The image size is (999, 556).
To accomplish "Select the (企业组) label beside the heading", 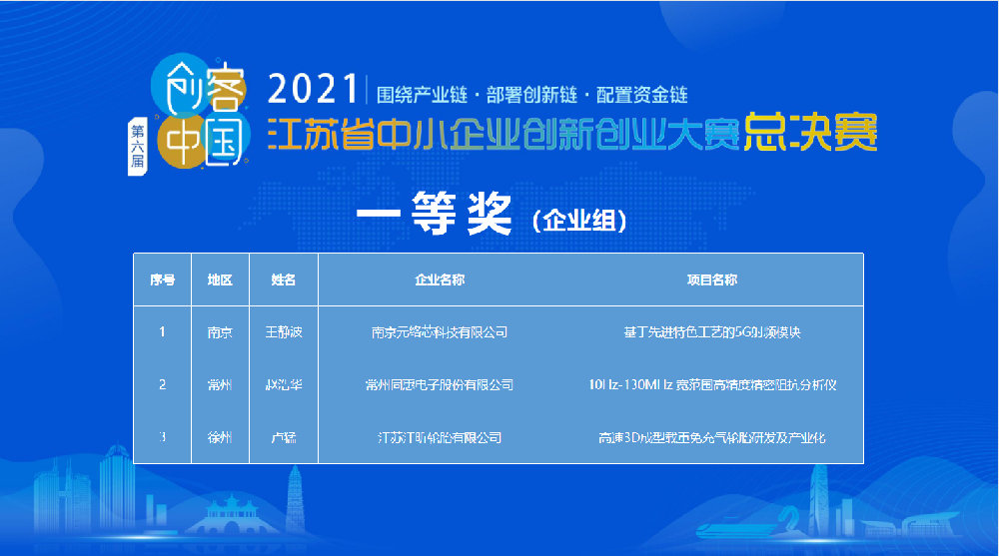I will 579,221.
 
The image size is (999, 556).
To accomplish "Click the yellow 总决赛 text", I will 810,134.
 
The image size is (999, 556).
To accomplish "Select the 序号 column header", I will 162,280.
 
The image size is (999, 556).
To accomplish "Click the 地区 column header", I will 220,280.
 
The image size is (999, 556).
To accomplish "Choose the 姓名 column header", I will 284,280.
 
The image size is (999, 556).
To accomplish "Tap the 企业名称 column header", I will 440,280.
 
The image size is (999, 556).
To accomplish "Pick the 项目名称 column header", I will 712,280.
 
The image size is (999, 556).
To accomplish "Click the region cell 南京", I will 220,332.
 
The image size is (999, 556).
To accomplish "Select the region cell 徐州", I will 220,438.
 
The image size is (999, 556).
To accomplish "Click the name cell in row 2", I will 284,385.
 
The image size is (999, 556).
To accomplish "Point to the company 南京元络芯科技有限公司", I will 440,332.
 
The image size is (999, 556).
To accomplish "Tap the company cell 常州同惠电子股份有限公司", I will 440,385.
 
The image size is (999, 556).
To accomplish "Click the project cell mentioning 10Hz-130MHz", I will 712,385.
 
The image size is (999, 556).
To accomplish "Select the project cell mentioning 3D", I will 712,438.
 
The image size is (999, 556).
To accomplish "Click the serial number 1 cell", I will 162,332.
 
